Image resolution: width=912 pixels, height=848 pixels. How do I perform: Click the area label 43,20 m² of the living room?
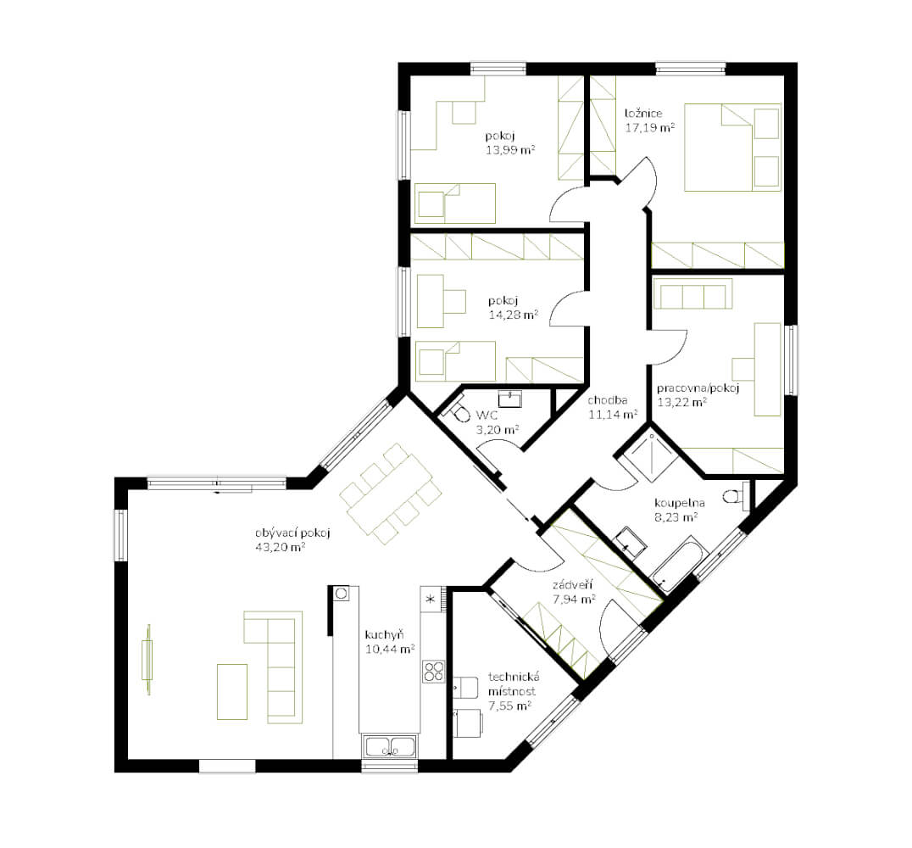point(281,547)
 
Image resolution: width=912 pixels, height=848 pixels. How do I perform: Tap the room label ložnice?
point(643,113)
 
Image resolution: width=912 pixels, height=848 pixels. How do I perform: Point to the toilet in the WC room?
point(457,411)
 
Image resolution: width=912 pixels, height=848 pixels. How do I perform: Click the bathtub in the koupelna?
point(678,564)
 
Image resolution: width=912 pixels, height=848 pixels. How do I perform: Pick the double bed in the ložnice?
point(732,148)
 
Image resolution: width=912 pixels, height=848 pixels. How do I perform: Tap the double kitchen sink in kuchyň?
point(390,747)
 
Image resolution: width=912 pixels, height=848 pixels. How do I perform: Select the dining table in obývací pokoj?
point(390,494)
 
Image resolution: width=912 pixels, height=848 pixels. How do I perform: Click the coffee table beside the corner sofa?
point(232,691)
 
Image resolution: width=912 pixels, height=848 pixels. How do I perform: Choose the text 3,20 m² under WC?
point(498,430)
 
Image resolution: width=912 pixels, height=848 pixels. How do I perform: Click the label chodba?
point(607,400)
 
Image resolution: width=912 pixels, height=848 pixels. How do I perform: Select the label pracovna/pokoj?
point(698,388)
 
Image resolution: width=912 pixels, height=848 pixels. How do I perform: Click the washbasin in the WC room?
point(510,399)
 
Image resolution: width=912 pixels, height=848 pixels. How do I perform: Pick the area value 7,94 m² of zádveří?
point(574,599)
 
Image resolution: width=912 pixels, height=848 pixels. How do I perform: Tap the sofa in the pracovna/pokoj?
point(693,293)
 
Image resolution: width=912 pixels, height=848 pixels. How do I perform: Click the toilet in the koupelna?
point(735,495)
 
